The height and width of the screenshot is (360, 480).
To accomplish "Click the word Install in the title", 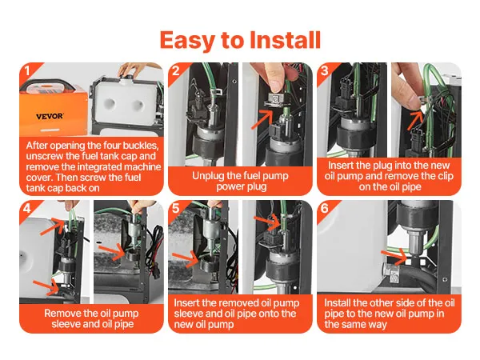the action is [x=286, y=40].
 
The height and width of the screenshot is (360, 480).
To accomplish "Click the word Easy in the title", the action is [x=187, y=41].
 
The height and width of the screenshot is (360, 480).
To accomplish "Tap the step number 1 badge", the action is [x=27, y=70].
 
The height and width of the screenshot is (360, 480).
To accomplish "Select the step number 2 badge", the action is [x=175, y=70].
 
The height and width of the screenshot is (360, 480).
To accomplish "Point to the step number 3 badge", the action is [x=325, y=70].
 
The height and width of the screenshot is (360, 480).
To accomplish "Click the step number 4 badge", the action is [x=27, y=208].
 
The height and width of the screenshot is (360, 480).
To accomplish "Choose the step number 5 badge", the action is [x=176, y=208].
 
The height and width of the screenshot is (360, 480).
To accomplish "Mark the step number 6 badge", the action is [x=325, y=208].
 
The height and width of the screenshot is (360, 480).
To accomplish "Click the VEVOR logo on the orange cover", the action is [x=50, y=116].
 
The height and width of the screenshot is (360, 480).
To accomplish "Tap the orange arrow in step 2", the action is [x=262, y=120].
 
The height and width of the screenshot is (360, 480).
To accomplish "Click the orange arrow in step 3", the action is [x=415, y=120].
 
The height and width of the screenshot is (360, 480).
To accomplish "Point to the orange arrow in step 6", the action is [x=395, y=257].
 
